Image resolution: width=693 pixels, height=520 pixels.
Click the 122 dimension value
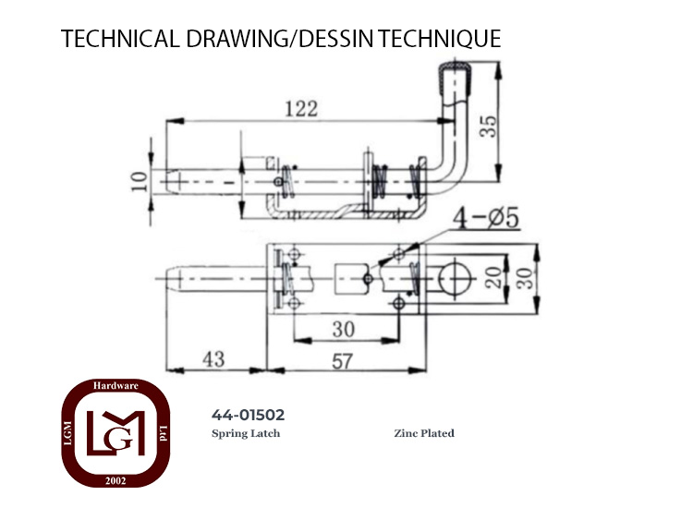[x=301, y=109]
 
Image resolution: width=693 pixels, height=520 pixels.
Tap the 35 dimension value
[x=488, y=127]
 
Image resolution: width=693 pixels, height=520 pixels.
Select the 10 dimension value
[x=140, y=182]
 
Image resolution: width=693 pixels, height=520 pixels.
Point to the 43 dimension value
[x=213, y=359]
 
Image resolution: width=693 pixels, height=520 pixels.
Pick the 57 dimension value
[x=343, y=361]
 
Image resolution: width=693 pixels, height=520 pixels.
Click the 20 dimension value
[x=493, y=278]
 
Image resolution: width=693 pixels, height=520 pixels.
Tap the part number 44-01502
[x=248, y=415]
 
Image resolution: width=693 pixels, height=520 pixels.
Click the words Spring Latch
[x=246, y=433]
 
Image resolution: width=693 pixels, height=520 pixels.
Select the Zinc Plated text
[x=424, y=433]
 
